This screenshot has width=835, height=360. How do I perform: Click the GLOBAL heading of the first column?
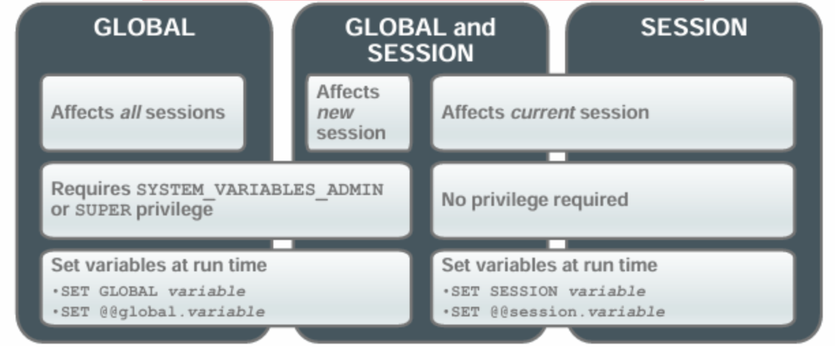145,27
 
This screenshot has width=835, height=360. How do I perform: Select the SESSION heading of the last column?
694,27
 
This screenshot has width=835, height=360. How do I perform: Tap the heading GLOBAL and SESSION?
420,40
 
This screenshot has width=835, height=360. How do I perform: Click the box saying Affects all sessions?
142,112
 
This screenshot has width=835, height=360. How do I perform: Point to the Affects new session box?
359,112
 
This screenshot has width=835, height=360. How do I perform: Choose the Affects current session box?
613,112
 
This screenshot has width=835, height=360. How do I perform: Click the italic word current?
543,112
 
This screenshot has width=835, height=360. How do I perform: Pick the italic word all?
130,112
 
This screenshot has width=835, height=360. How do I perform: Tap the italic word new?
335,112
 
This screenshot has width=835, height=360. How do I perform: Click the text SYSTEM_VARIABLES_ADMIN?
260,190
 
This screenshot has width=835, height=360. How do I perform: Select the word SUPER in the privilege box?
103,211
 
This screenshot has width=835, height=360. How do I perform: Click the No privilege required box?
613,200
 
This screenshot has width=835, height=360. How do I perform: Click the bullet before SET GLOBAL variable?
55,291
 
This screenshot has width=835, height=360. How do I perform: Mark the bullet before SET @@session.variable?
446,312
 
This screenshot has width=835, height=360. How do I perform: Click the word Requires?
91,189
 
